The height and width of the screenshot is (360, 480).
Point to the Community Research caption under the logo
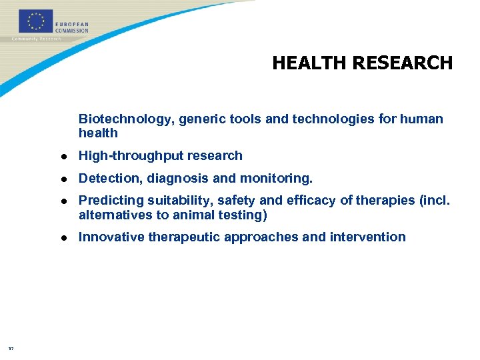coord(37,39)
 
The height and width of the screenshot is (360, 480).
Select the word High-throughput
coord(123,156)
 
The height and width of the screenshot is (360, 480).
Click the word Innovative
coord(111,237)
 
